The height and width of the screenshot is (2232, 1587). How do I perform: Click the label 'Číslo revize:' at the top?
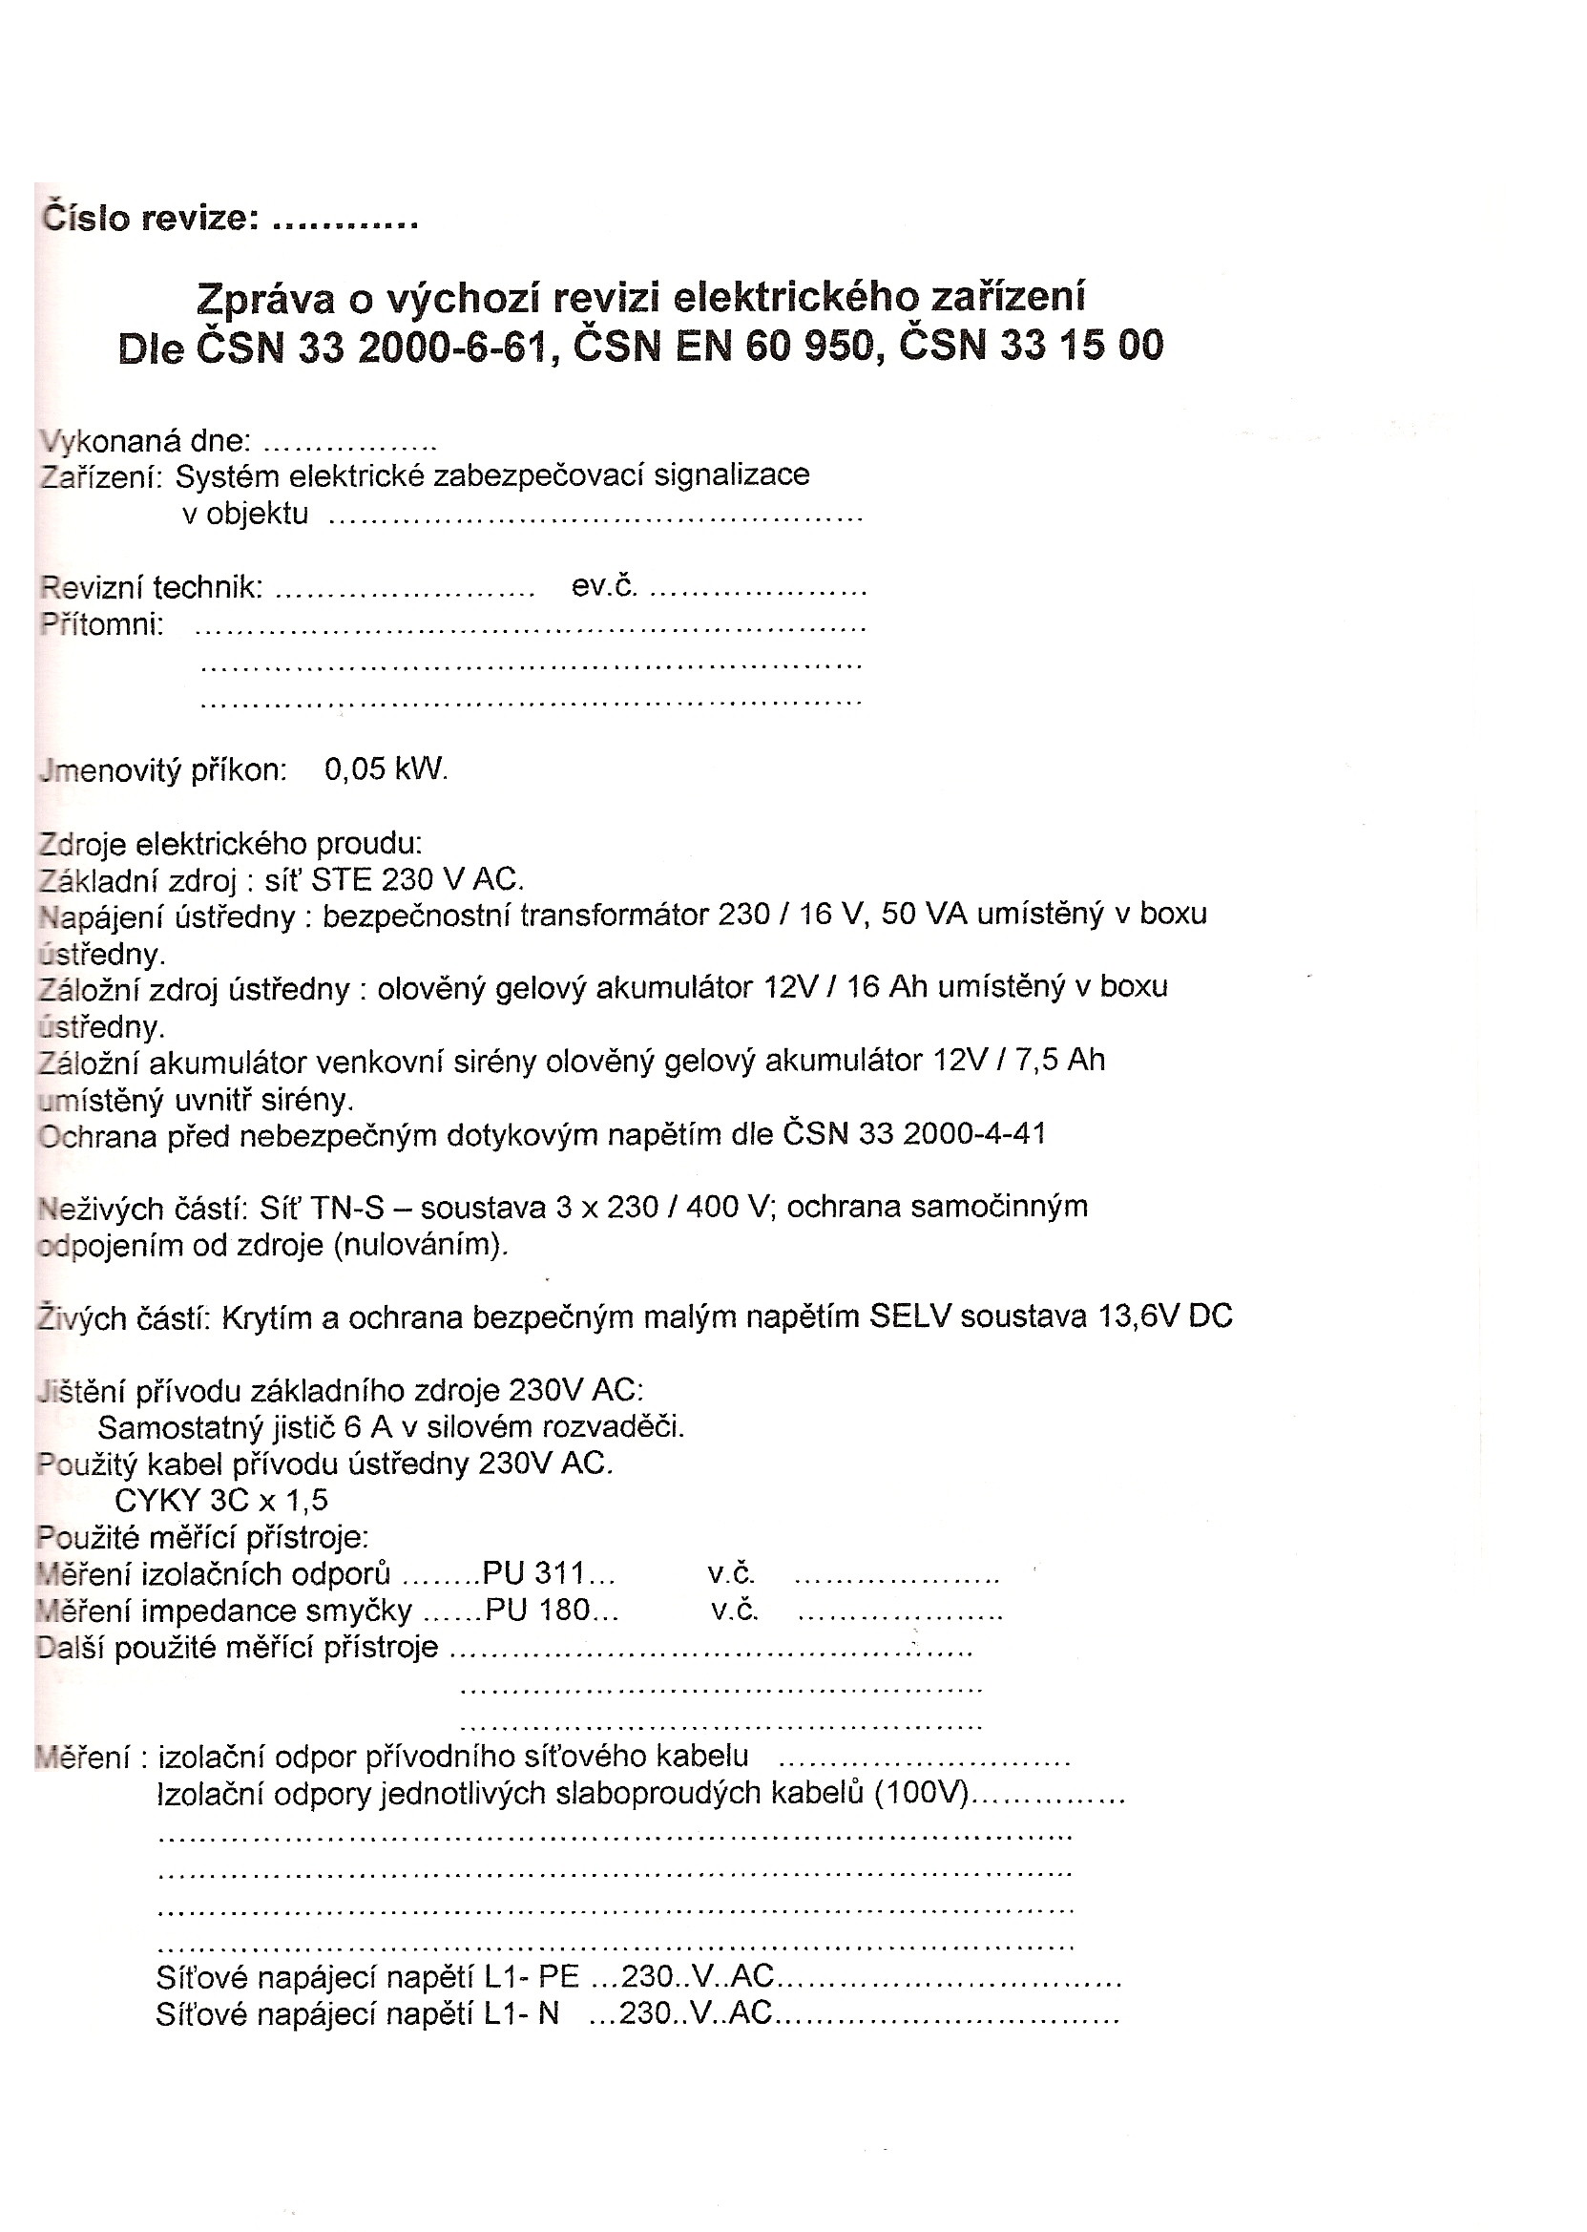point(151,218)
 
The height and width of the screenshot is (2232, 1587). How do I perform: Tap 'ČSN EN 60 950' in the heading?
point(722,347)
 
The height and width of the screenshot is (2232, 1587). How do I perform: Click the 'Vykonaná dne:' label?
point(146,441)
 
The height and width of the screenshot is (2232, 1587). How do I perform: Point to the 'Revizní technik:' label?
point(152,586)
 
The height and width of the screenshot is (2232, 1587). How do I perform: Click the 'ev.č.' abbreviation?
point(604,585)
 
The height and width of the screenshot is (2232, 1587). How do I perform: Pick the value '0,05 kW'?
point(385,769)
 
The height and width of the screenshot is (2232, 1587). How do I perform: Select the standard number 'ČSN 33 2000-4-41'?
point(913,1134)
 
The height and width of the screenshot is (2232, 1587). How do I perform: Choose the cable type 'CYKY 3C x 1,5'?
point(220,1501)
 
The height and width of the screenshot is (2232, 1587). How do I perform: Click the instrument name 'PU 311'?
point(533,1574)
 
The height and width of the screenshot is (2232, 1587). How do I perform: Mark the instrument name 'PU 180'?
point(536,1611)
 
